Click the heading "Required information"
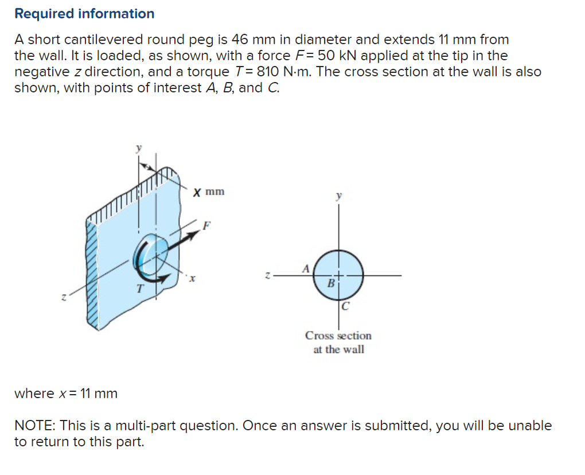84,14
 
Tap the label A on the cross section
306,267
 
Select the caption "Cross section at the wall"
338,342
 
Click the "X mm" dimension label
209,192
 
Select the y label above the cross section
338,196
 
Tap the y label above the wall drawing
138,147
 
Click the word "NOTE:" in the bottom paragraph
35,426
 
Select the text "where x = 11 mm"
66,394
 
